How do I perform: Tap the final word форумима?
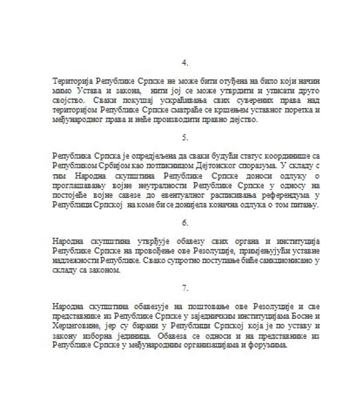pos(271,346)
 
